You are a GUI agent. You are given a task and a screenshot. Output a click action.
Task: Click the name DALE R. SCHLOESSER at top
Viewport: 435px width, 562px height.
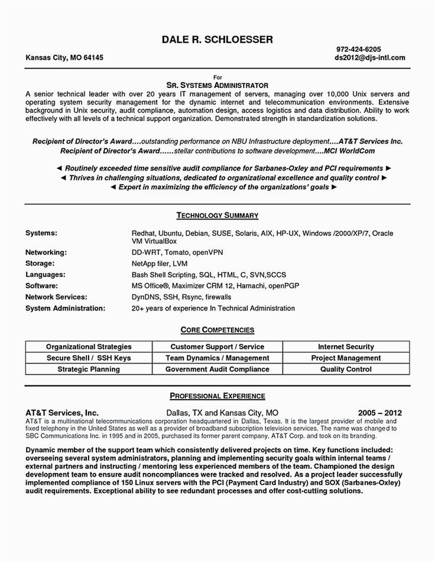pos(217,40)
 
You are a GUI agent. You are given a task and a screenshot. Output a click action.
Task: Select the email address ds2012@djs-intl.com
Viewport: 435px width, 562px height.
pos(369,58)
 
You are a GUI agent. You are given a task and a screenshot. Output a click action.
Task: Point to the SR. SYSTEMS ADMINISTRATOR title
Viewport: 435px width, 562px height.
pos(218,85)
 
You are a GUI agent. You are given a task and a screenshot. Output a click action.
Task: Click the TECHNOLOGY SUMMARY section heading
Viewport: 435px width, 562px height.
pos(217,215)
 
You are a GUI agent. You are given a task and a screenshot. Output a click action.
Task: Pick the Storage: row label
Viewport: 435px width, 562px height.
pos(40,263)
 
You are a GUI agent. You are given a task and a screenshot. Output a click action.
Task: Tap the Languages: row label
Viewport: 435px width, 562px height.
pos(46,275)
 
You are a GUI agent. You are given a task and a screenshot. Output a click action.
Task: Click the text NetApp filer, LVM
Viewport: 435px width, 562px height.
pos(160,263)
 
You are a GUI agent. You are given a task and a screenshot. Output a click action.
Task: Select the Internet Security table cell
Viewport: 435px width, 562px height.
pos(346,347)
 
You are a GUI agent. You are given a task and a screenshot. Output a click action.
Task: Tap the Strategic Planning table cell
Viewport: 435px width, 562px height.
pos(89,369)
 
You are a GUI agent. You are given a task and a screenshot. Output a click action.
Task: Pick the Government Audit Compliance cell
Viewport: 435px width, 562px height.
pos(217,369)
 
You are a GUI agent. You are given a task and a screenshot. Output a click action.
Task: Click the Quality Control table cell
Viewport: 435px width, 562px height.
pos(346,369)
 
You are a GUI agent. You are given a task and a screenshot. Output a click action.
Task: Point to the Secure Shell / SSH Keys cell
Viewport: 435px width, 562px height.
pos(89,358)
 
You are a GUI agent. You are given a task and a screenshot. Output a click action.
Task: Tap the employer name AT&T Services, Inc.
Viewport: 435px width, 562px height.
pos(61,411)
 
